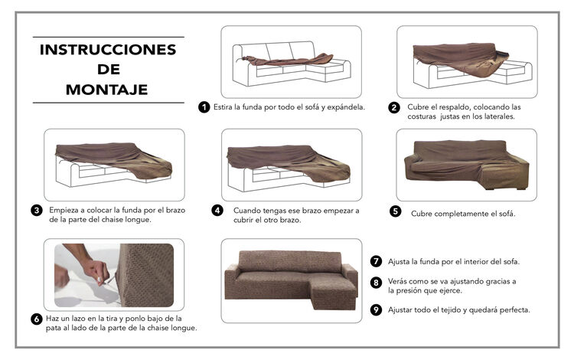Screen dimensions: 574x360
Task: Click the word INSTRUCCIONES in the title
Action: (x=108, y=50)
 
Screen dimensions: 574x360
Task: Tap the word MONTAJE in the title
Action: (x=107, y=90)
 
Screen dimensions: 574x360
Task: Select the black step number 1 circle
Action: (x=204, y=107)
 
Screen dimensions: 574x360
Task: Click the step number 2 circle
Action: (x=394, y=108)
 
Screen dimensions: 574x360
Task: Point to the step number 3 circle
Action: (x=37, y=211)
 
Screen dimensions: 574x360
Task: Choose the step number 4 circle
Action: (x=217, y=211)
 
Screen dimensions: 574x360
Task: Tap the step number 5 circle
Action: (x=396, y=211)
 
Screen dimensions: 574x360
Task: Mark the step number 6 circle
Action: (x=37, y=319)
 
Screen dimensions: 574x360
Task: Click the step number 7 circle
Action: (x=376, y=261)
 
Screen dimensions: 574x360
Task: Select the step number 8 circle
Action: (x=376, y=283)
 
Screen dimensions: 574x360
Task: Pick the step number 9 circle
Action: (x=376, y=309)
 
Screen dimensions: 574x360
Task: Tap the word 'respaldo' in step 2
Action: (x=455, y=107)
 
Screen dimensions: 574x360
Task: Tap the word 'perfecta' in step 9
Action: (x=515, y=310)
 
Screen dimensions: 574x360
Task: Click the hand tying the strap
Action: (x=96, y=270)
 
